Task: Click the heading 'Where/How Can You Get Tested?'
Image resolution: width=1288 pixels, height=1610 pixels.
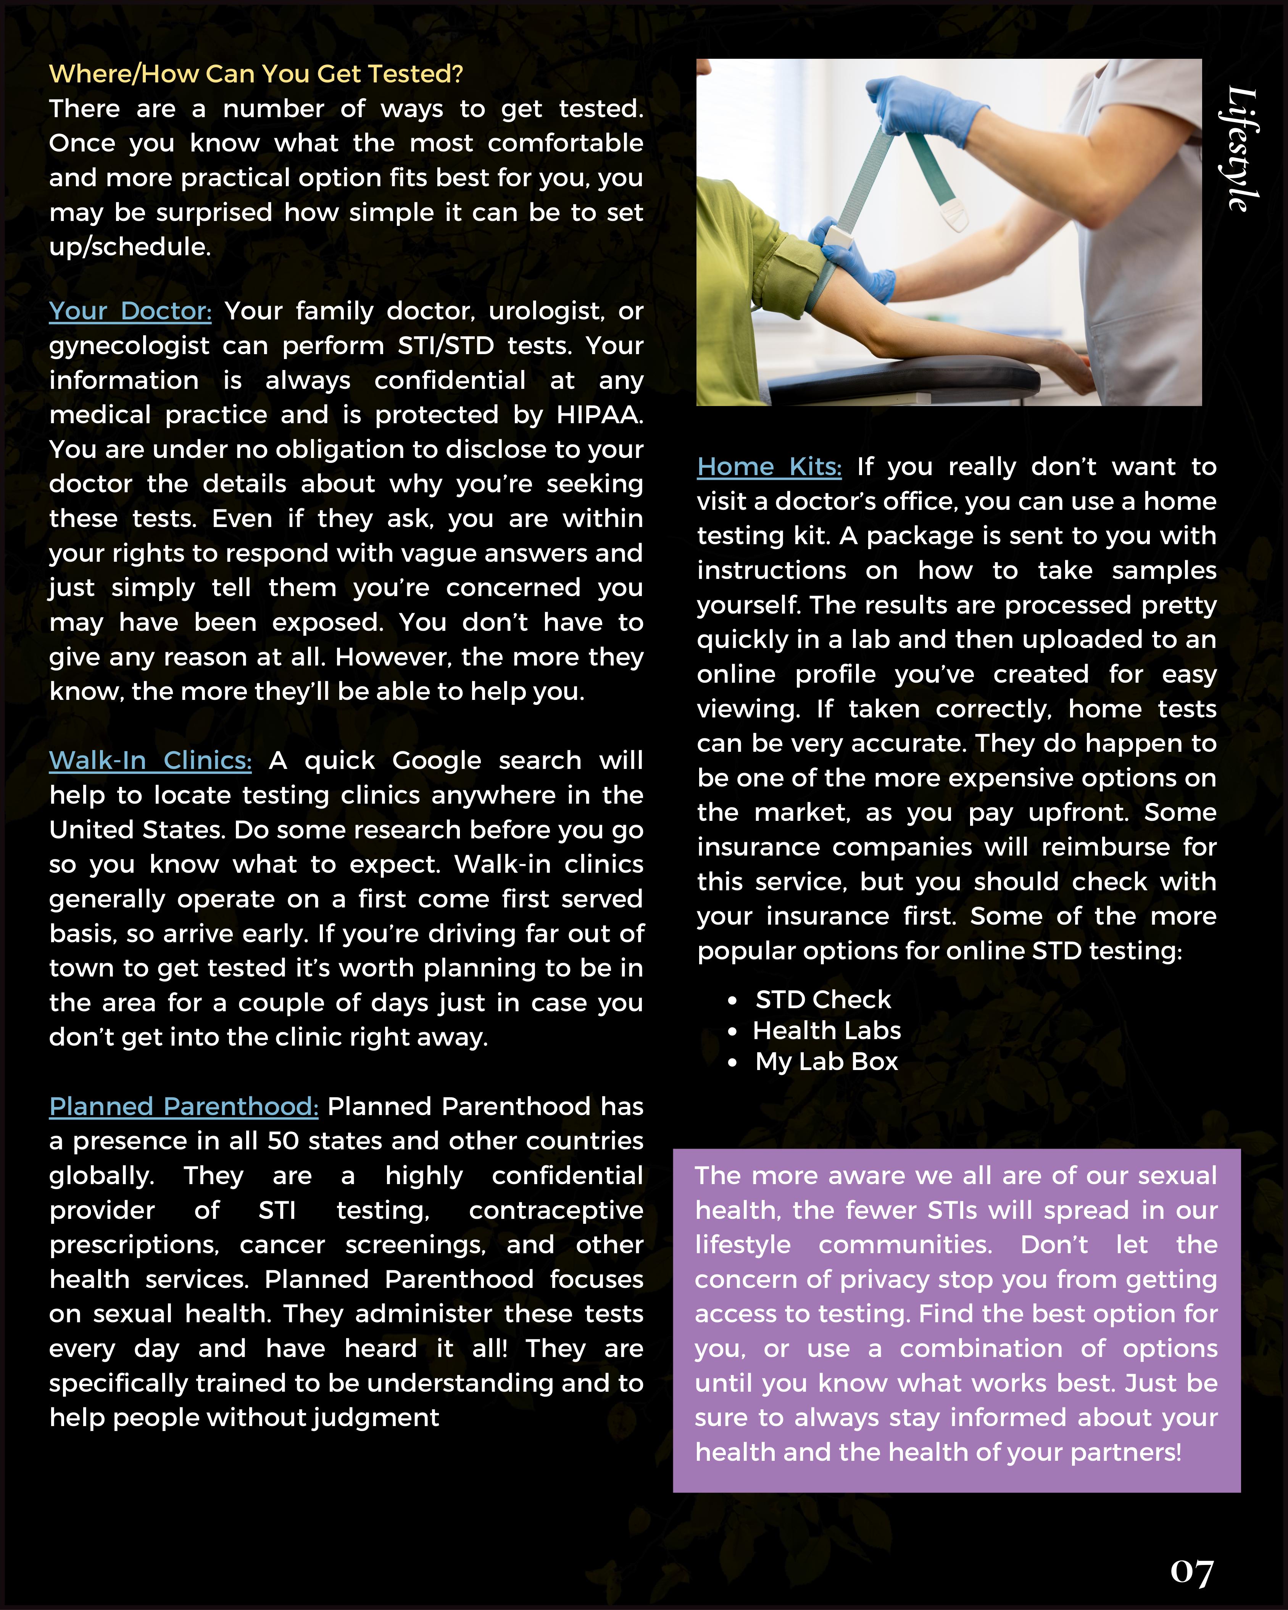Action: [256, 74]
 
